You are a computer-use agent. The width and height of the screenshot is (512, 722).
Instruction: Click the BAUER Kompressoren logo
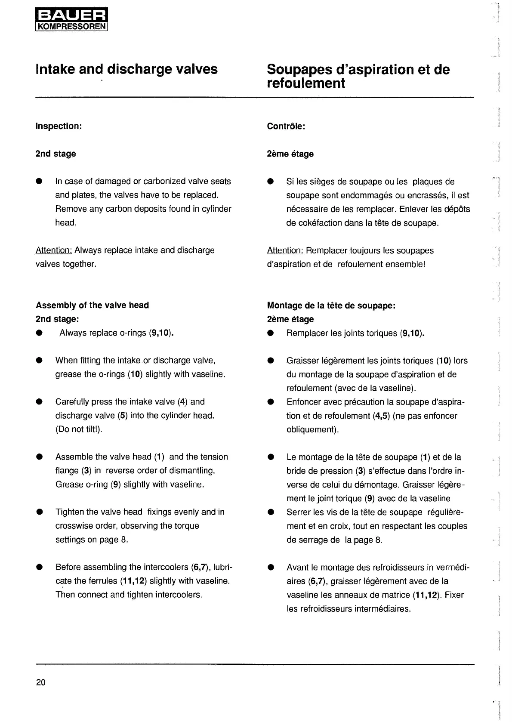click(71, 20)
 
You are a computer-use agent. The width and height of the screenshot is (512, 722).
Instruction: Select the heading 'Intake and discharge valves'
click(126, 69)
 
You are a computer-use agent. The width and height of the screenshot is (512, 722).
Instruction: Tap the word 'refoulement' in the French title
click(305, 83)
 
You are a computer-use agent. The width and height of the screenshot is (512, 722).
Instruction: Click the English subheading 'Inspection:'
click(59, 127)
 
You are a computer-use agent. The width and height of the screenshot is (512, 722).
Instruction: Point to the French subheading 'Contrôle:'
click(286, 127)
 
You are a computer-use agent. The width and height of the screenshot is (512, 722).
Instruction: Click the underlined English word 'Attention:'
click(54, 250)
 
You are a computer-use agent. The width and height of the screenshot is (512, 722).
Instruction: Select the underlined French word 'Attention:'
click(285, 251)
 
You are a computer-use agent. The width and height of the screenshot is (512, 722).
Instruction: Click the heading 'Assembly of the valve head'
click(92, 305)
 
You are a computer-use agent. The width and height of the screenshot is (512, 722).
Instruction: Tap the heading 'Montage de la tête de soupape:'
click(331, 305)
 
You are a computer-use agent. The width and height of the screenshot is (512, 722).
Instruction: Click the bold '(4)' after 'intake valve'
click(182, 402)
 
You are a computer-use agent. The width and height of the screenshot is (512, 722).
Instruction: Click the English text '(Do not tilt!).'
click(79, 429)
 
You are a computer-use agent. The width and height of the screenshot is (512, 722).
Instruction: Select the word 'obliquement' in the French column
click(311, 430)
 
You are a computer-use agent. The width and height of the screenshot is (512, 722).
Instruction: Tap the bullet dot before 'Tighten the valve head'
click(39, 512)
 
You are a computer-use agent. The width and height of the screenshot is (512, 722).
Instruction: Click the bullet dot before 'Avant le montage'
click(271, 568)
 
